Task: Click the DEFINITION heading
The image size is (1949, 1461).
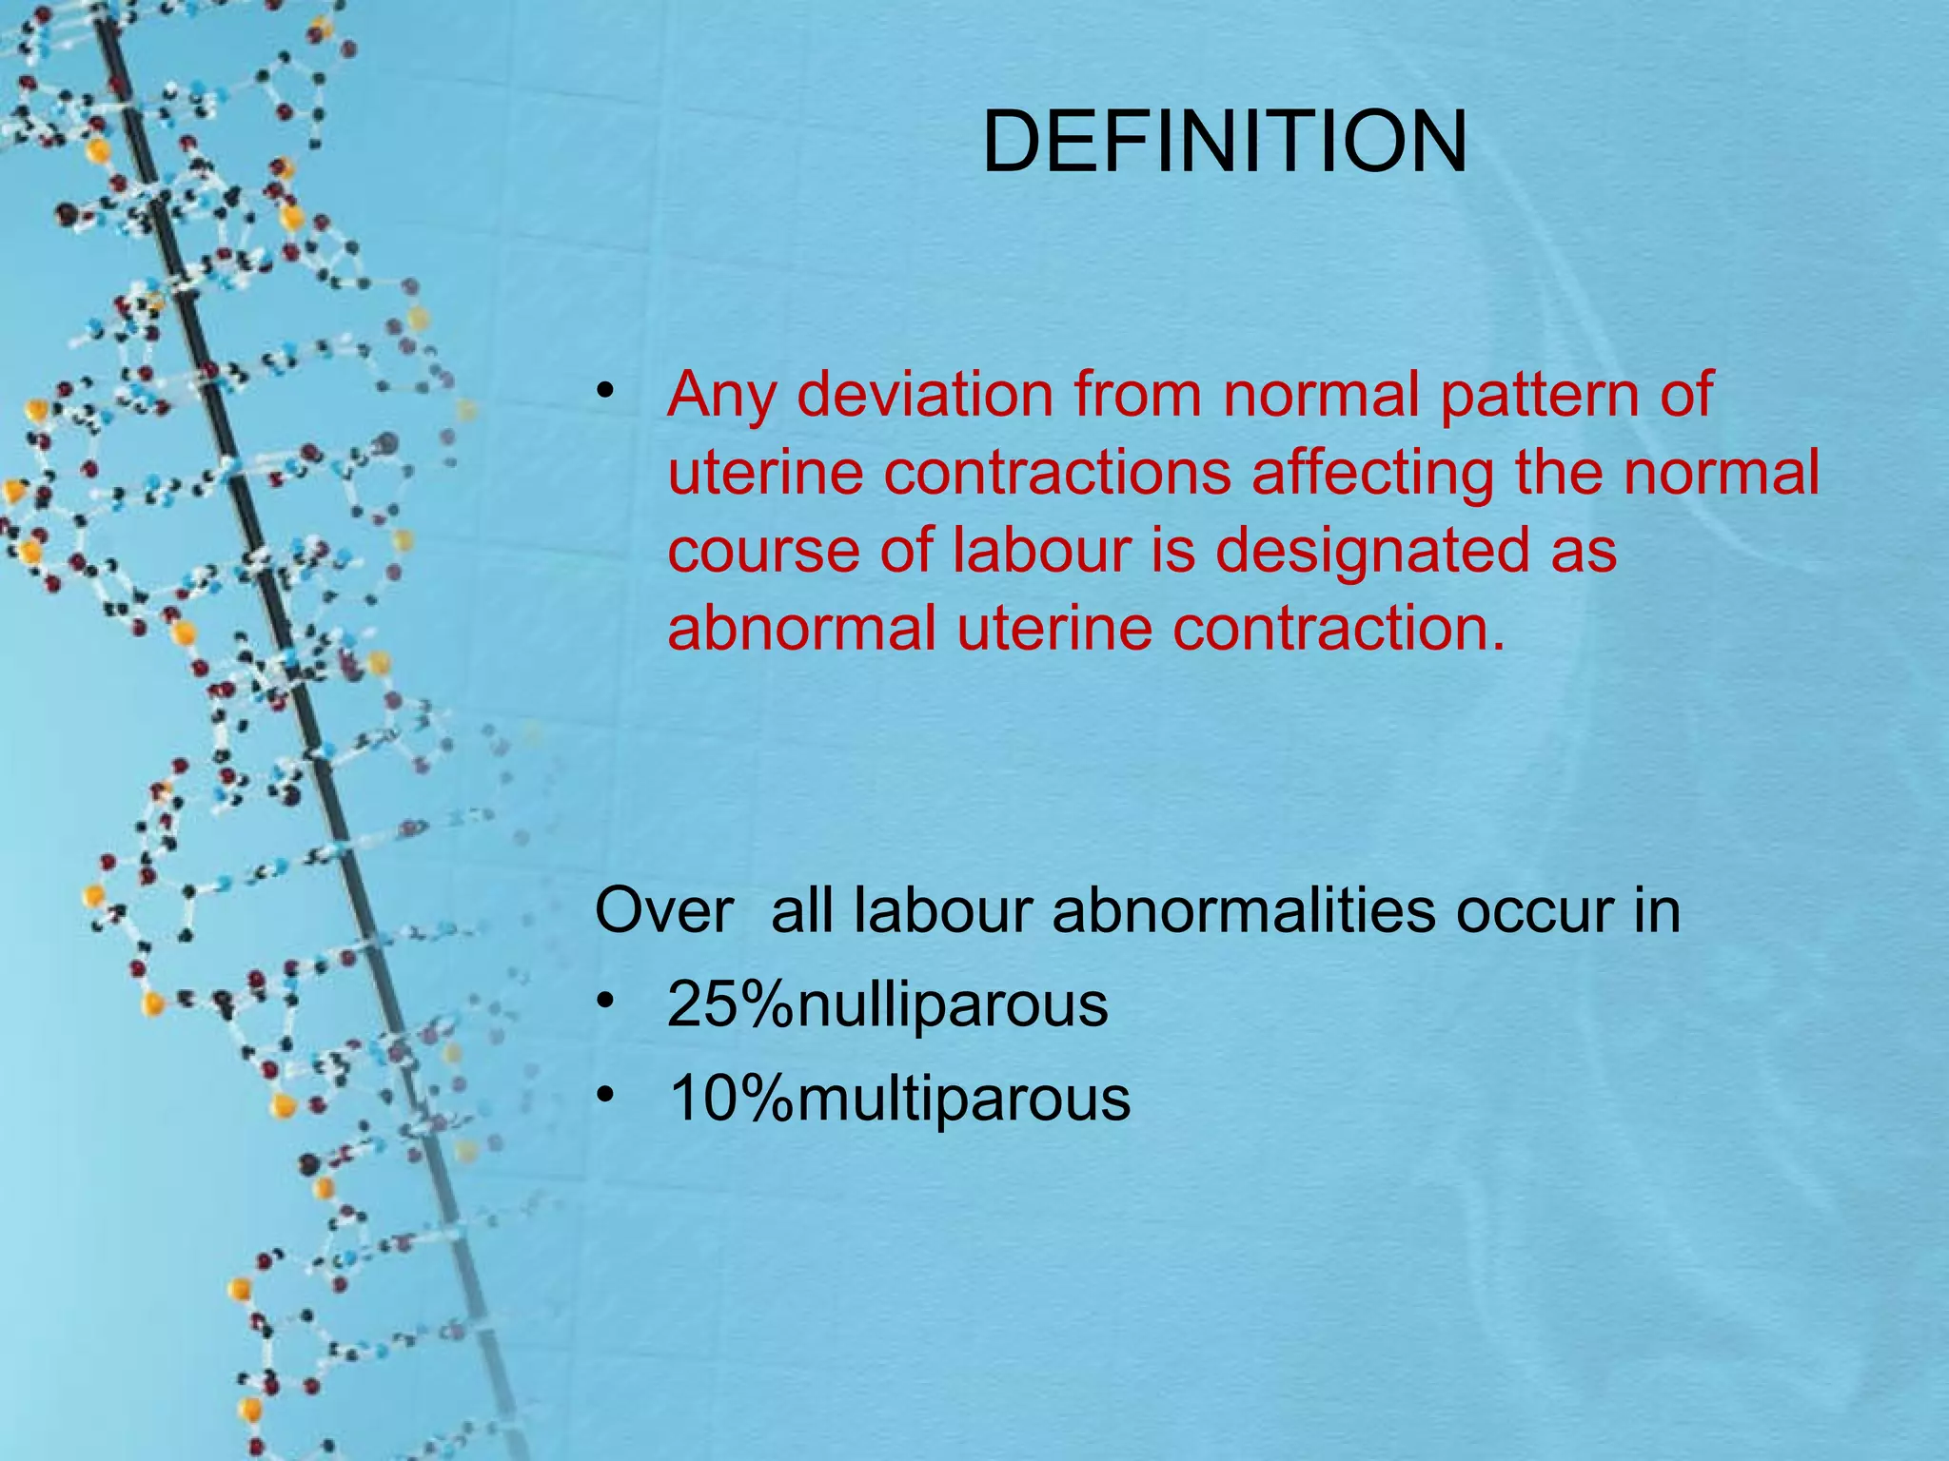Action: click(x=1225, y=143)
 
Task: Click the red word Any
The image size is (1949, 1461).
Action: click(x=720, y=396)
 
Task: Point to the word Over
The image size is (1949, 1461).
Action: click(x=664, y=911)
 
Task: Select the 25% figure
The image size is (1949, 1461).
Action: click(x=731, y=1004)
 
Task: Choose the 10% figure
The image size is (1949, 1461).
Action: click(x=731, y=1099)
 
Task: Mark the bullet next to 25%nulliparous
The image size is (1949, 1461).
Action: click(x=605, y=1001)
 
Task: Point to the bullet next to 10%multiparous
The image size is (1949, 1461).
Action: click(x=605, y=1095)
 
